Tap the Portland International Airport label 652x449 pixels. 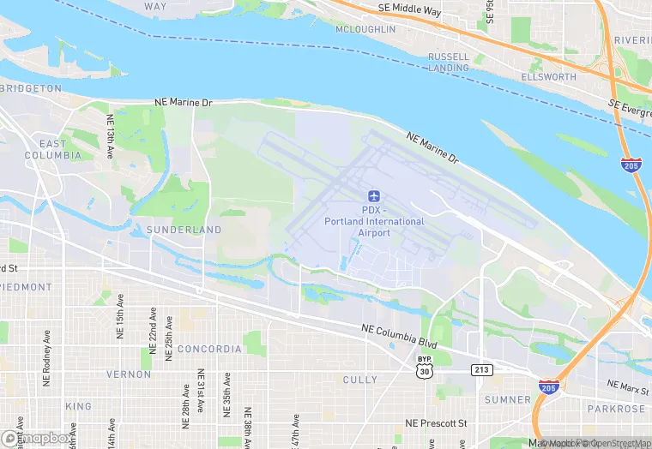374,221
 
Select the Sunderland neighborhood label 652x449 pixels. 184,230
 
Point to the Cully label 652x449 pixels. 359,379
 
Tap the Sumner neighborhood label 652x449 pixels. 507,399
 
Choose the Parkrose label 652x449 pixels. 616,409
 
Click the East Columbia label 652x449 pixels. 52,149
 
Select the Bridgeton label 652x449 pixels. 32,88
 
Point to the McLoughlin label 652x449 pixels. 366,29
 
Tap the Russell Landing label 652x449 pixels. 449,62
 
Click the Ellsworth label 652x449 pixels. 548,77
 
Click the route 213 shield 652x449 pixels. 480,369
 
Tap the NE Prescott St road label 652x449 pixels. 436,423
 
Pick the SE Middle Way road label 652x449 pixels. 409,9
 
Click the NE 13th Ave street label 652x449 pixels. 111,137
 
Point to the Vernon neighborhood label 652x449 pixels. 128,374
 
